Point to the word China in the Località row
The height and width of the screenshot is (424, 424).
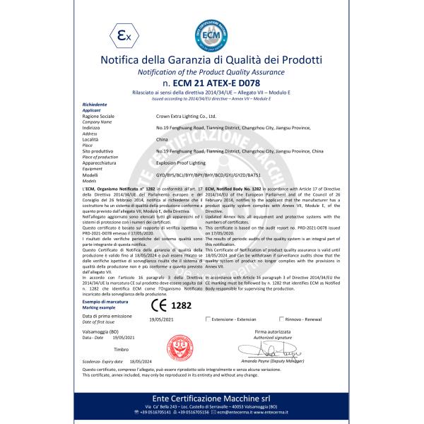[161, 141]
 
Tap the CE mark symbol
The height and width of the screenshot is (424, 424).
[160, 305]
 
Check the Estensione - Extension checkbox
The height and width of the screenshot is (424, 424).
[208, 319]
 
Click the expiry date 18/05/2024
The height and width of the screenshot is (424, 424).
[141, 360]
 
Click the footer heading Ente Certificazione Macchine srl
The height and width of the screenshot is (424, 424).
[211, 399]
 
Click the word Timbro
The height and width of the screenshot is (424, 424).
[121, 349]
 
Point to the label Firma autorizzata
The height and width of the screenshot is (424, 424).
[272, 331]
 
